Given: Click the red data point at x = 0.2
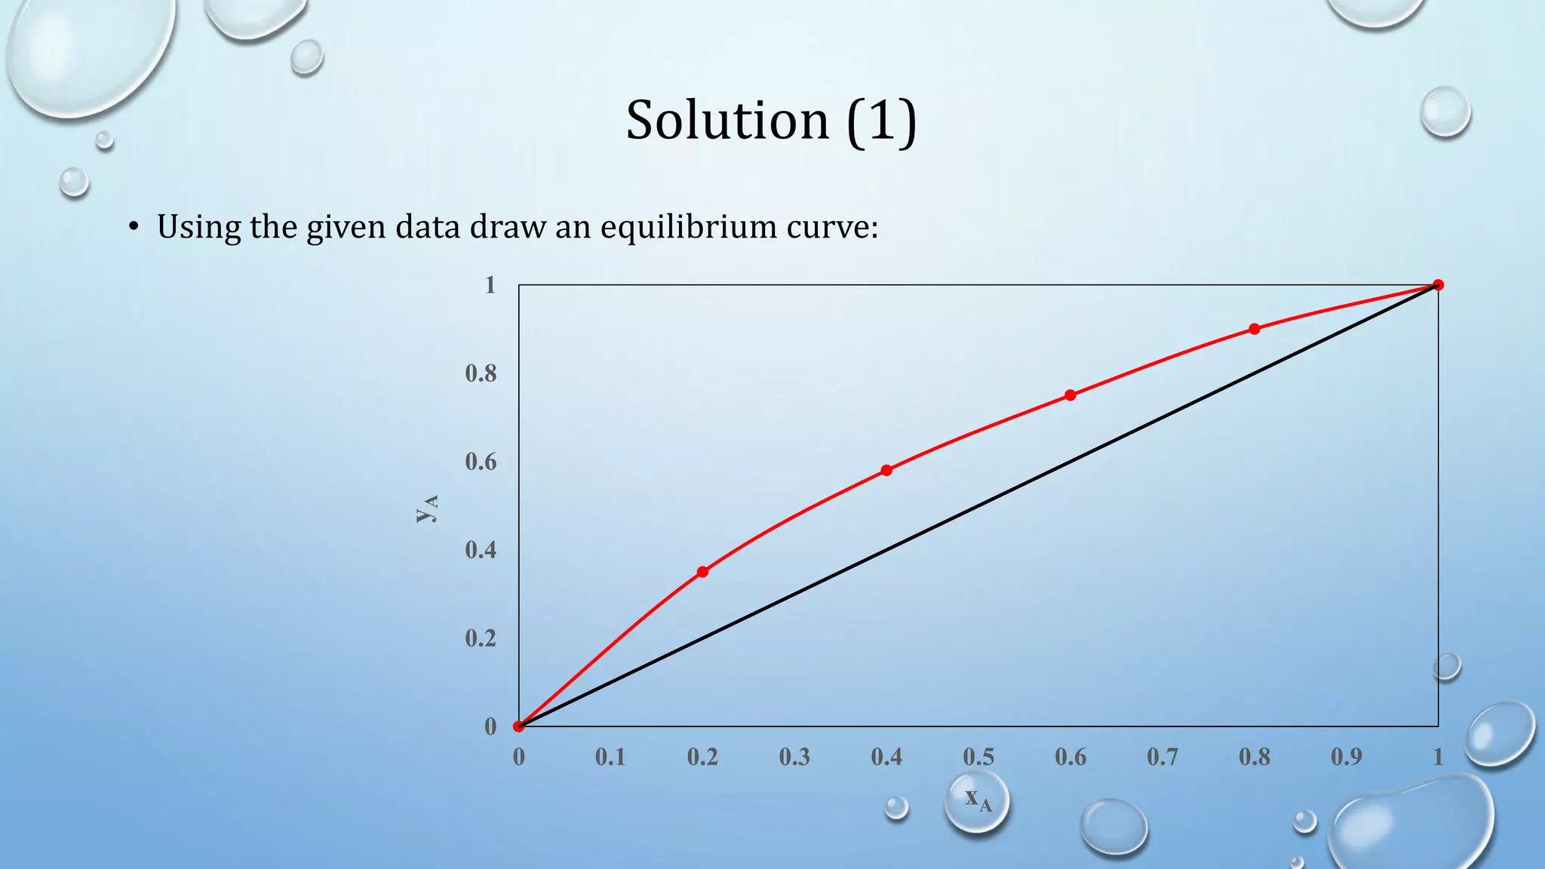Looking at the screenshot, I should pos(702,572).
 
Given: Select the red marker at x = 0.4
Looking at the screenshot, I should pos(886,470).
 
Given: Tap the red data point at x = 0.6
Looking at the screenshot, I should pos(1070,395).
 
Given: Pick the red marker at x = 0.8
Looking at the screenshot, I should pos(1254,329).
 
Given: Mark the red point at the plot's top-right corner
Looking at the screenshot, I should pos(1438,285).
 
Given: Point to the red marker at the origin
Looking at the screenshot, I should pos(518,726).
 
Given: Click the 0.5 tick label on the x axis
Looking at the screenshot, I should pos(978,757).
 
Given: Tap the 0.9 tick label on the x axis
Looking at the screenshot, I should pos(1347,757).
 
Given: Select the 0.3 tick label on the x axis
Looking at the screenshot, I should pos(794,757).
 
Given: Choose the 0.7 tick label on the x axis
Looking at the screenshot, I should pos(1163,757).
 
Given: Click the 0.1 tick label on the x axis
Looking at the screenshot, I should pos(610,757).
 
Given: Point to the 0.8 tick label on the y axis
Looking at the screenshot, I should pos(481,373).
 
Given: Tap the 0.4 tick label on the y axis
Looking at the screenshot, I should pos(481,550).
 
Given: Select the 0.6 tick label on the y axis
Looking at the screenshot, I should pos(481,462).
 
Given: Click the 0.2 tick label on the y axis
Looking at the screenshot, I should pos(481,638).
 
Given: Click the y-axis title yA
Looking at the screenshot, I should pos(427,508).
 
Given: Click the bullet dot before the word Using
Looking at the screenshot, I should pos(134,226).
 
